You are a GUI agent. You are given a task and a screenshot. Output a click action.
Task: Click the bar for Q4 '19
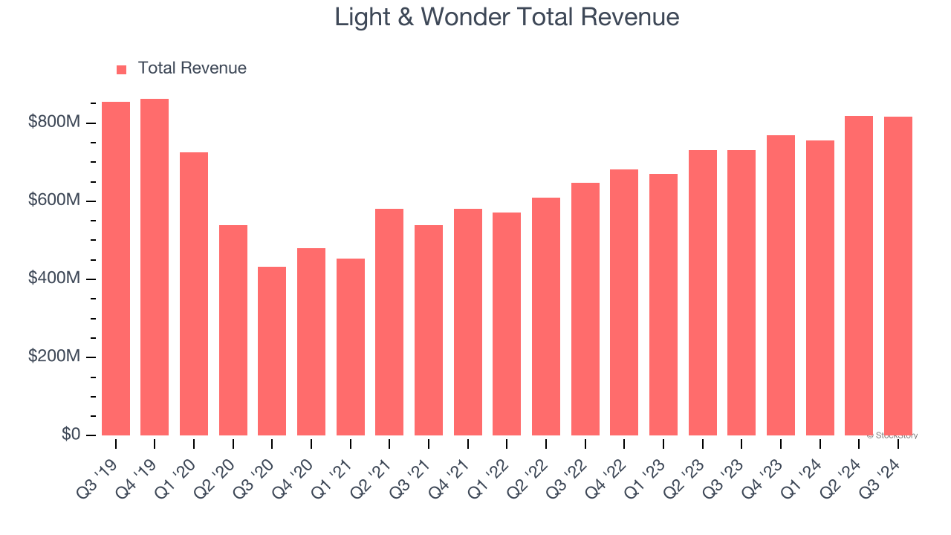pos(155,267)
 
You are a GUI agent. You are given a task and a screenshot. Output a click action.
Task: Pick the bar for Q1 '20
pos(194,294)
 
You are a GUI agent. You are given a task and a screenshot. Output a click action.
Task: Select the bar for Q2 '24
pos(859,276)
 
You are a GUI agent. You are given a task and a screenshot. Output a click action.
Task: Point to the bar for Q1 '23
pos(663,305)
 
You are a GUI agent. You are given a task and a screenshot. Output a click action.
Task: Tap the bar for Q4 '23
pos(781,285)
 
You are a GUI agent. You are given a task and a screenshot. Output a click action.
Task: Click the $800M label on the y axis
pos(53,122)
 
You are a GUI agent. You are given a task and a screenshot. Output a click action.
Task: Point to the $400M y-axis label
pos(53,278)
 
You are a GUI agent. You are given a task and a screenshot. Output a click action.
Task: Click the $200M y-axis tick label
pos(53,356)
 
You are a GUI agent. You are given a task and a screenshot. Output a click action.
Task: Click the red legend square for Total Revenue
pos(122,69)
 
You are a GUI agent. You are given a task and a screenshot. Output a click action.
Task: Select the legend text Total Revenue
pos(192,68)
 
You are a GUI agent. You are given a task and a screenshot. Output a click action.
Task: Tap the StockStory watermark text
pos(892,435)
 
